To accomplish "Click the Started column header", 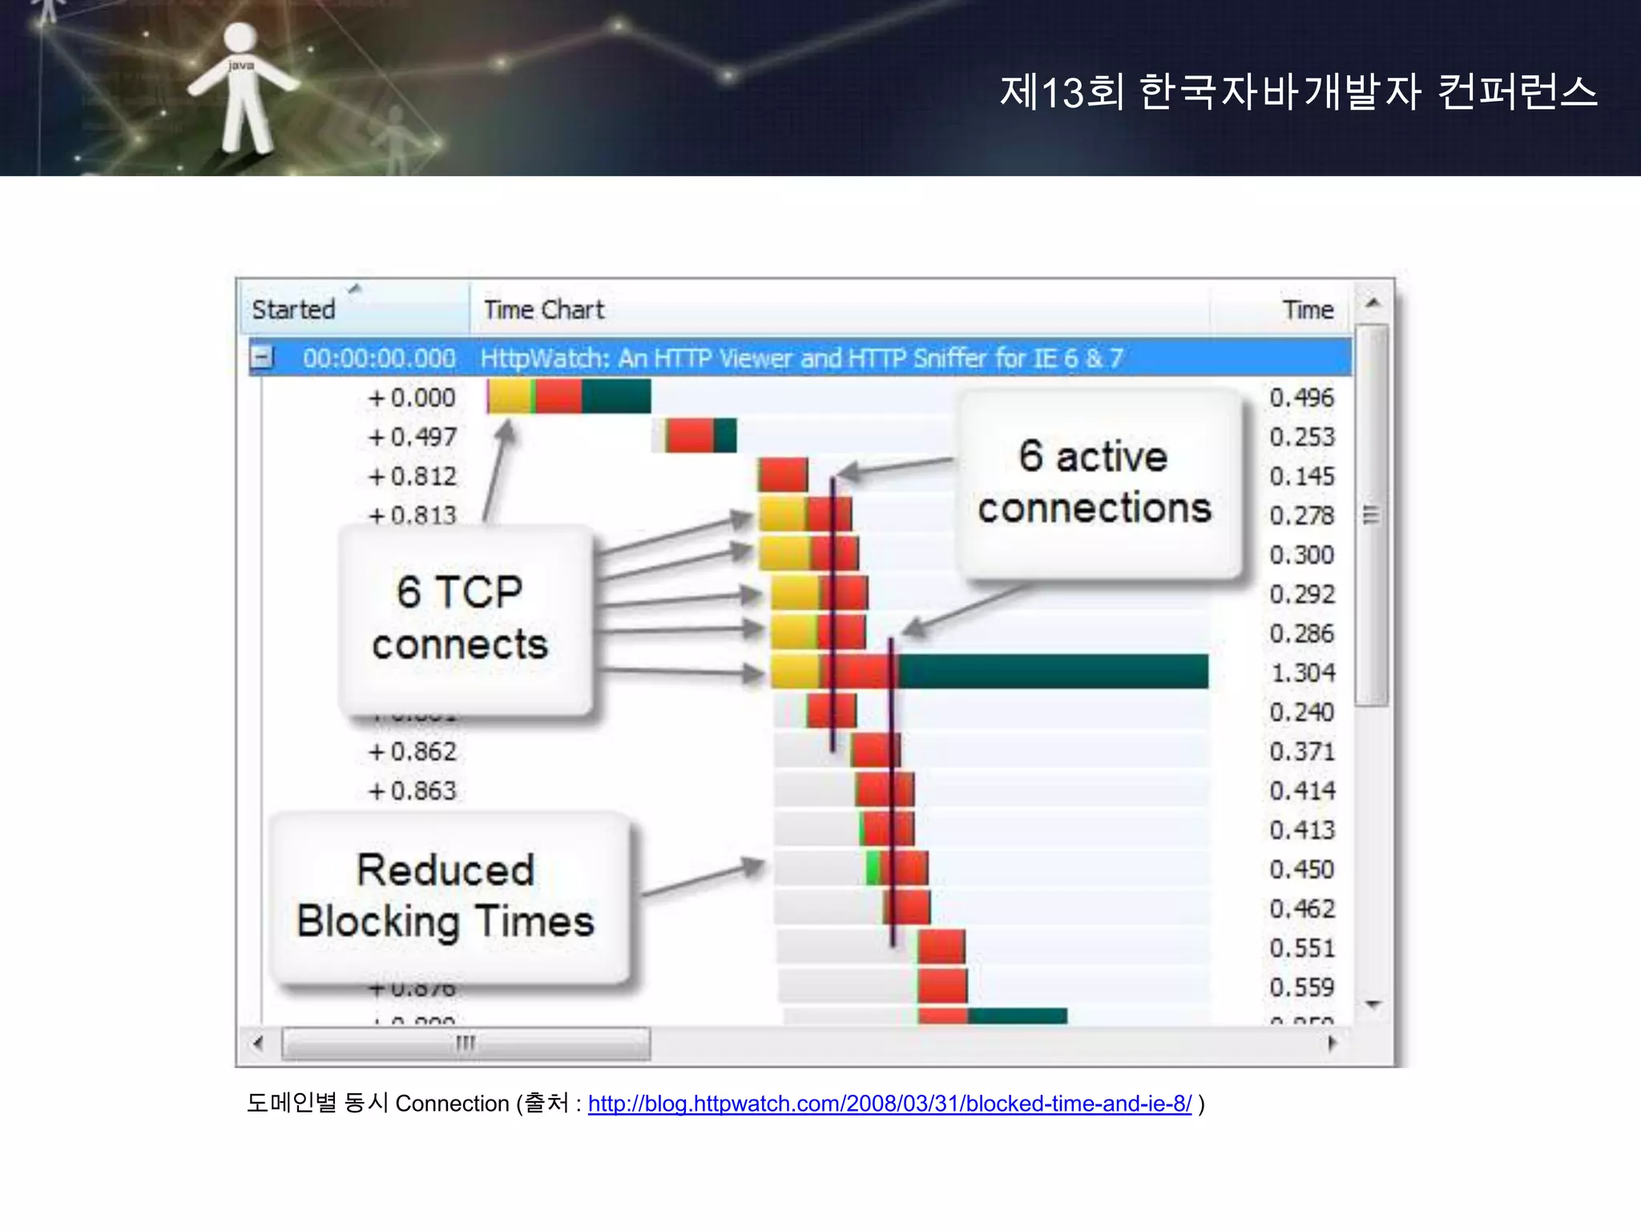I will point(294,309).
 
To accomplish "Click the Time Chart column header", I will point(544,309).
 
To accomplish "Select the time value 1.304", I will point(1303,672).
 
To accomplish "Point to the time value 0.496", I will point(1302,398).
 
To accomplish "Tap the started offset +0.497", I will point(412,437).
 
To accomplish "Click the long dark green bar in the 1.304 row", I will point(1051,672).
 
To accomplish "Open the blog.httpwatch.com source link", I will point(889,1104).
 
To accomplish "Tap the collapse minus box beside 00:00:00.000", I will point(261,357).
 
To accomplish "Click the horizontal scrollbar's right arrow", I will point(1332,1043).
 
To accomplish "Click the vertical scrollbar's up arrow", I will point(1373,304).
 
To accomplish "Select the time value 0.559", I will point(1302,987).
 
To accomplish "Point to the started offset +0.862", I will point(412,752).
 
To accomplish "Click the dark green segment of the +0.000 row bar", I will point(616,397).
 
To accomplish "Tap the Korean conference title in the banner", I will point(1298,91).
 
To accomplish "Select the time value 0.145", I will point(1302,476).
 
